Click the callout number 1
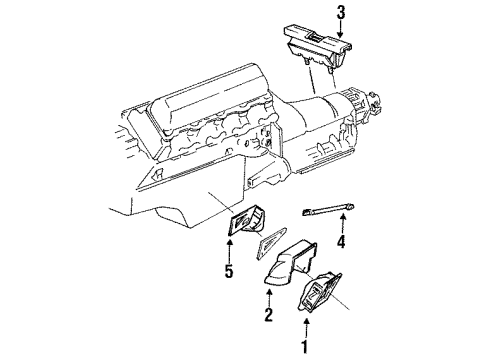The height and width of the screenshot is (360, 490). point(299,347)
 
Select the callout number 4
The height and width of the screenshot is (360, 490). point(340,243)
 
